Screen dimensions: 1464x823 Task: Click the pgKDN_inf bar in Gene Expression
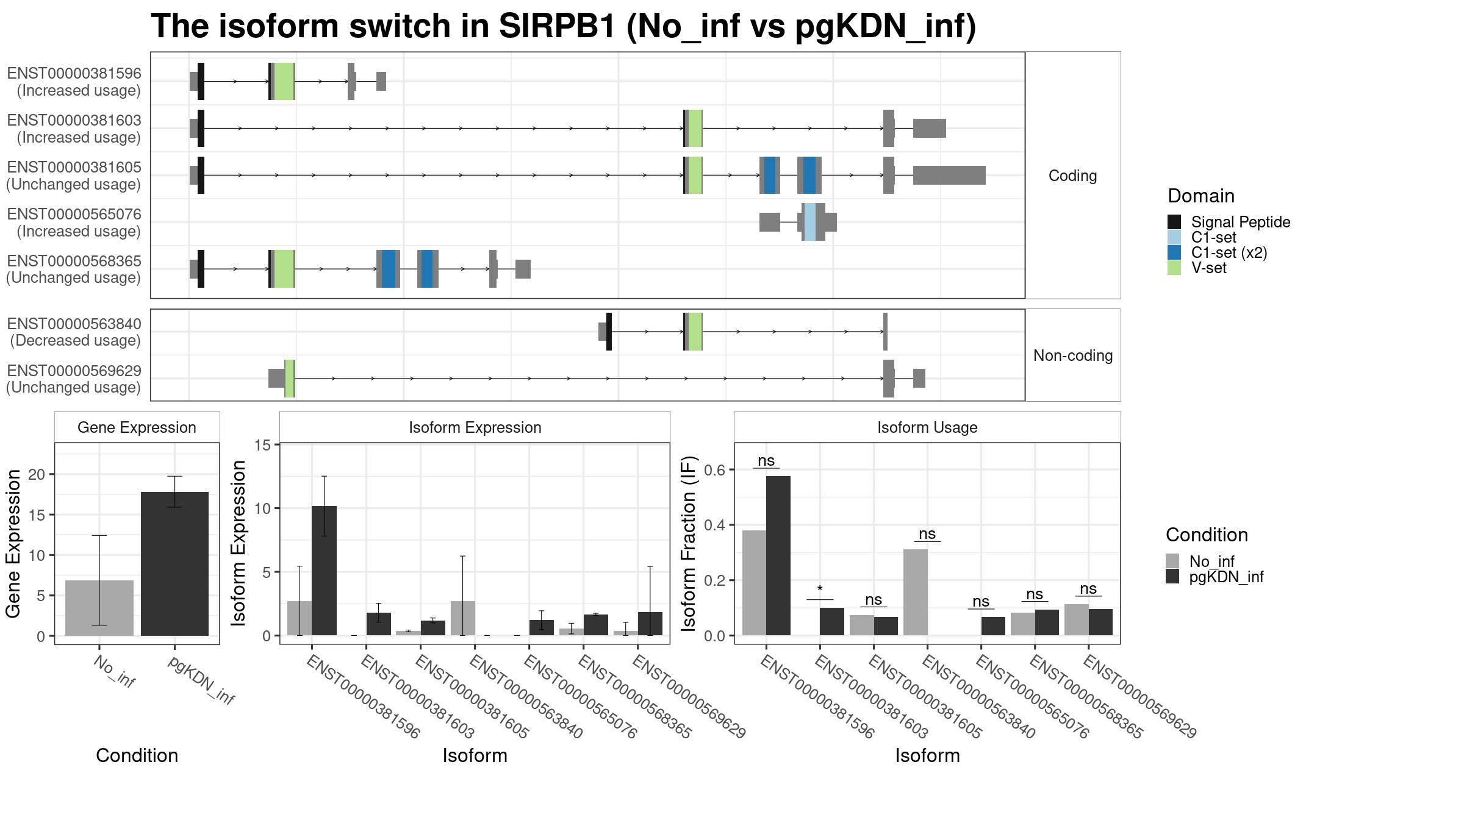[174, 564]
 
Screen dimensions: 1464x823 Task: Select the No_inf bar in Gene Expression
[99, 608]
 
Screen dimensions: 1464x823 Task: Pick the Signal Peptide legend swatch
[1174, 222]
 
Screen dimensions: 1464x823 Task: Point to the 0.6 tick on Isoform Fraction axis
[714, 470]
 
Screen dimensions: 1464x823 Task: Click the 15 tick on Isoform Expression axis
[263, 445]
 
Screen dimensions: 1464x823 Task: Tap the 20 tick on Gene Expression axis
[37, 474]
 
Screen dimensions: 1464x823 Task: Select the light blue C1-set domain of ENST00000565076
[809, 222]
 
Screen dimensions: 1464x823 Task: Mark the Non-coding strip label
[1073, 355]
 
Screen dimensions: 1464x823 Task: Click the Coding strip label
[1072, 176]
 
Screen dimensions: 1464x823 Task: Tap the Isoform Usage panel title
[927, 427]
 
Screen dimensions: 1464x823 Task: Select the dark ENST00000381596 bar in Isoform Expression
[324, 571]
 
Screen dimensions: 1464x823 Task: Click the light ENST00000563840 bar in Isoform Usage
[915, 593]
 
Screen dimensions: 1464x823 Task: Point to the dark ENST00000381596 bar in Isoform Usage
[778, 556]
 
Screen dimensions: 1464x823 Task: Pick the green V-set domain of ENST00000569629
[290, 379]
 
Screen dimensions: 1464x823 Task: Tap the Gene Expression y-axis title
[13, 543]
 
